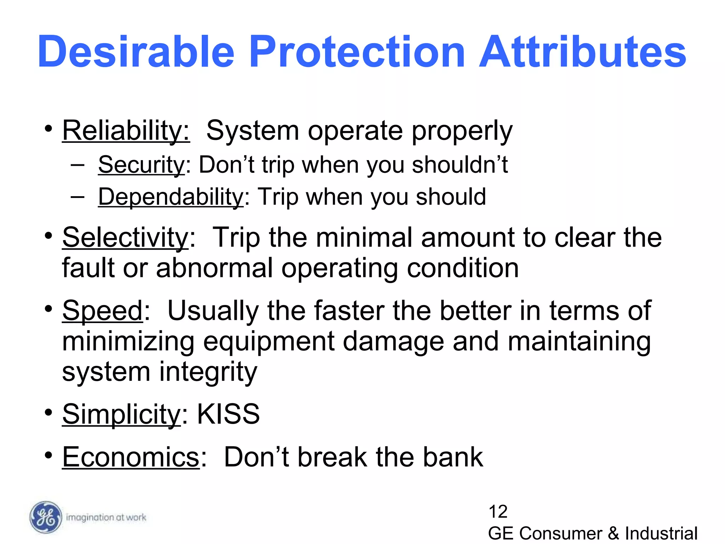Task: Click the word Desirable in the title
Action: (x=136, y=52)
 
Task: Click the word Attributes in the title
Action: (x=582, y=52)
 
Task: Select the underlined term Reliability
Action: (x=126, y=131)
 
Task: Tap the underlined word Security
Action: (x=141, y=165)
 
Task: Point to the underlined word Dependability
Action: (x=171, y=197)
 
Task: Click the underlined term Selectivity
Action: (x=125, y=238)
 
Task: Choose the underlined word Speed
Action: (x=102, y=311)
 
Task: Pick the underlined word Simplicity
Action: (x=121, y=414)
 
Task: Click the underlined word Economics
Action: (x=131, y=457)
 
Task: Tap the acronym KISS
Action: (x=228, y=414)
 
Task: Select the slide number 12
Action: (x=498, y=512)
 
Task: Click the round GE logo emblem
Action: (x=45, y=517)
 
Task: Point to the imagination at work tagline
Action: (x=106, y=517)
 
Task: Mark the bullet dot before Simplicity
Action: (x=48, y=413)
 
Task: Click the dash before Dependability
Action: (x=78, y=197)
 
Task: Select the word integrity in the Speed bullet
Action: (x=208, y=372)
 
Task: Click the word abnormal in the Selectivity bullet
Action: (x=214, y=268)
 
